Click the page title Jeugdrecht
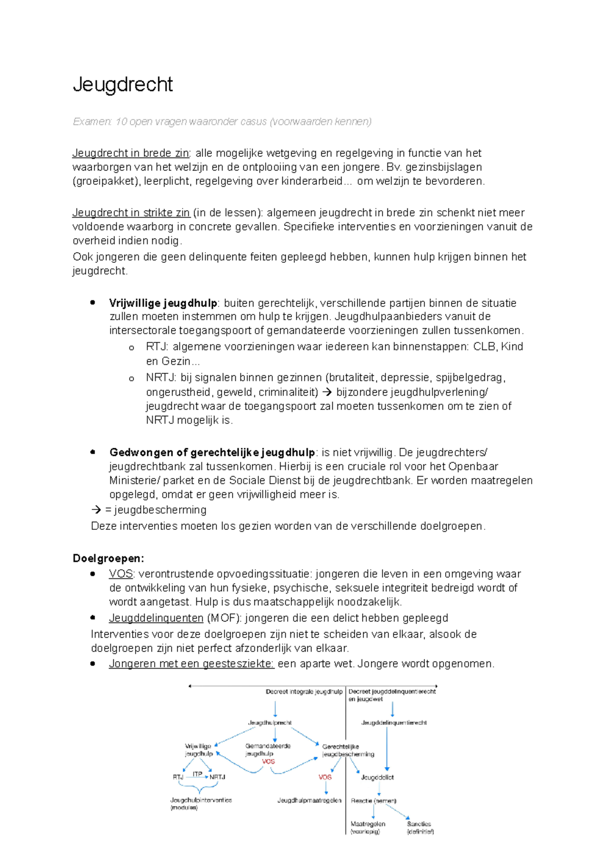tap(123, 85)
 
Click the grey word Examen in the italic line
tap(92, 122)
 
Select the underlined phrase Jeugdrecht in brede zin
tap(131, 153)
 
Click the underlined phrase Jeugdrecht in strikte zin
tap(131, 213)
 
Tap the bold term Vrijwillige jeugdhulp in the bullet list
tap(163, 303)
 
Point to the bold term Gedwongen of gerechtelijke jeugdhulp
tap(211, 452)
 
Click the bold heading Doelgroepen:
tap(108, 558)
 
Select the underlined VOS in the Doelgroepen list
tap(121, 574)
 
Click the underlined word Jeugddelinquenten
tap(156, 618)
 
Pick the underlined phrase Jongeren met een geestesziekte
tap(191, 663)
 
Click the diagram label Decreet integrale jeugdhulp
tap(304, 691)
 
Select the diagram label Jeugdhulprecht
tap(270, 723)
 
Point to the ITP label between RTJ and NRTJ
tap(197, 774)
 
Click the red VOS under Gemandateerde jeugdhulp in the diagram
tap(268, 761)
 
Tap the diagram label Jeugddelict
tap(377, 777)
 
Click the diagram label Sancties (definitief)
tap(420, 828)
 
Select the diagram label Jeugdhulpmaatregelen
tap(309, 800)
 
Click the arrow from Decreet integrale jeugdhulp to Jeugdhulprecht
tap(275, 708)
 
